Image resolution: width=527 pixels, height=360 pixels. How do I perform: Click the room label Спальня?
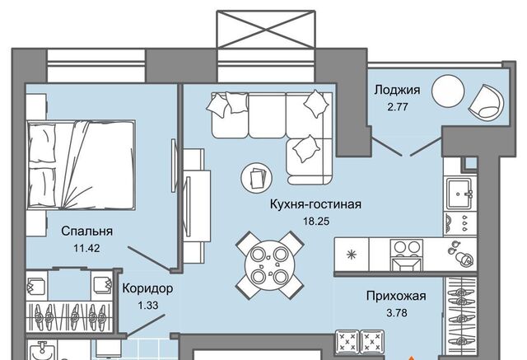click(x=86, y=231)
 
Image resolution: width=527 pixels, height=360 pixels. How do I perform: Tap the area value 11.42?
click(x=86, y=249)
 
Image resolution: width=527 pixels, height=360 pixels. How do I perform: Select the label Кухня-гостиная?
click(x=315, y=204)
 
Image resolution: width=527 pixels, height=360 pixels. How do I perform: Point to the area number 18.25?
click(x=316, y=221)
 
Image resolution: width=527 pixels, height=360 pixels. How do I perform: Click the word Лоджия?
click(x=397, y=90)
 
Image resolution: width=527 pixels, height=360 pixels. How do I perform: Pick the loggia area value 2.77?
click(x=398, y=107)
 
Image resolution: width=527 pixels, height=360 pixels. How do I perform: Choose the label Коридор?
click(x=147, y=288)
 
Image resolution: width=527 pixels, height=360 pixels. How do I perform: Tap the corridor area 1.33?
click(x=148, y=306)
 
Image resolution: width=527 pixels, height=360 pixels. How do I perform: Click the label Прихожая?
click(x=396, y=296)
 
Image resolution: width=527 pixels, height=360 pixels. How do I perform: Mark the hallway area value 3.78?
click(x=397, y=313)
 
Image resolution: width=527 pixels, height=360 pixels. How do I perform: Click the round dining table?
click(x=269, y=265)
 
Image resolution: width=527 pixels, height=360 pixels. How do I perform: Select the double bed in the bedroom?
click(x=82, y=165)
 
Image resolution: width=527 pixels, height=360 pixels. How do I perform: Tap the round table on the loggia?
click(x=448, y=91)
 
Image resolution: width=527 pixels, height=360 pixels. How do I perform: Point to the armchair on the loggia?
click(x=487, y=101)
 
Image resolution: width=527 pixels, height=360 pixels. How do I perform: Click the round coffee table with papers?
click(x=256, y=177)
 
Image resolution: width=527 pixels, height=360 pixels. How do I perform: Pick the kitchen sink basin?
click(x=459, y=194)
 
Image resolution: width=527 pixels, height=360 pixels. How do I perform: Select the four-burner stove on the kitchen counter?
click(x=407, y=255)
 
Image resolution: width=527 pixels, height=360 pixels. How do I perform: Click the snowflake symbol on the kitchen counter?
click(x=352, y=255)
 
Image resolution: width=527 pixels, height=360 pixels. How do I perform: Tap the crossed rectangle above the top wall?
click(x=266, y=29)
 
